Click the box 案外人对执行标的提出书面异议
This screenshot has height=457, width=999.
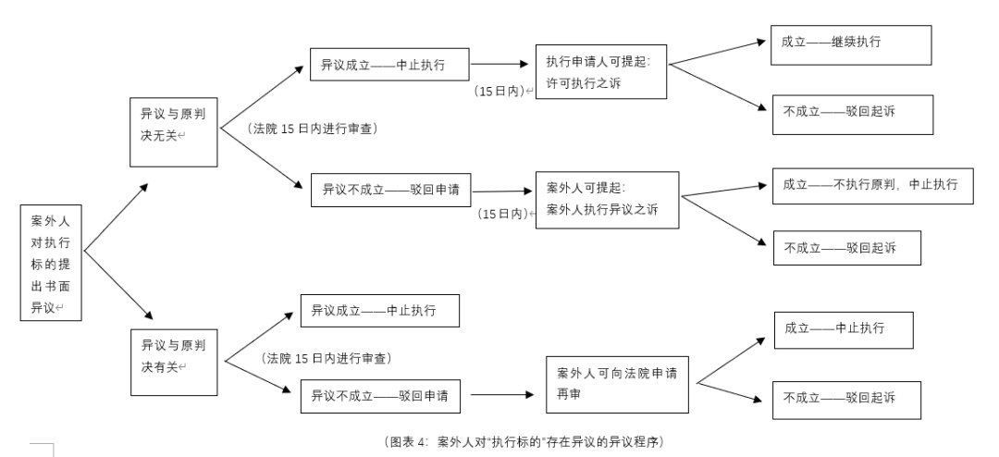(51, 263)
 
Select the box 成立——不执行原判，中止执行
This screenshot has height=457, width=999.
(871, 185)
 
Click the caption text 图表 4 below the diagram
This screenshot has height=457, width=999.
(524, 440)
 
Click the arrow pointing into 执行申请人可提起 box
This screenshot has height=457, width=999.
(503, 67)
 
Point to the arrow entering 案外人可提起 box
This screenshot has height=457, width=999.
(503, 191)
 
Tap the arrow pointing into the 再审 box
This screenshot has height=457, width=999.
(503, 395)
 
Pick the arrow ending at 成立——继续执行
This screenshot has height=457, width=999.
(717, 53)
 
